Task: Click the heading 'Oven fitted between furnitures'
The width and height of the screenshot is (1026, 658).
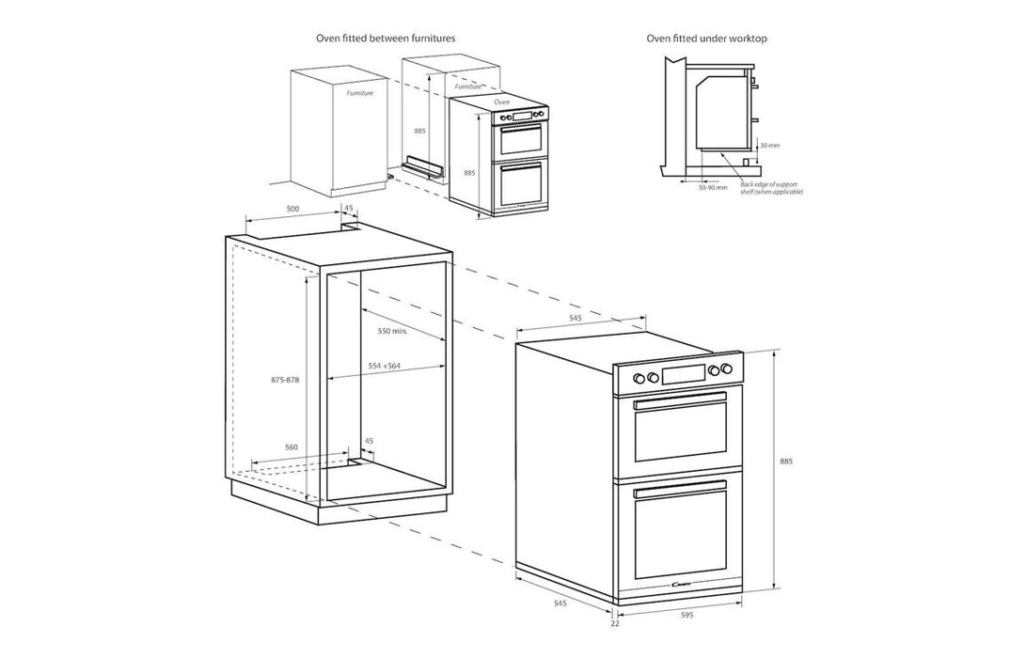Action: point(386,39)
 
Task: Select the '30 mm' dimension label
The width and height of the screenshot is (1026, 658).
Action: point(770,146)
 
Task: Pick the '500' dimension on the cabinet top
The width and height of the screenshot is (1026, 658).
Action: point(292,209)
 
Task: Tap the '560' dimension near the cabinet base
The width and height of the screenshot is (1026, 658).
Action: point(291,447)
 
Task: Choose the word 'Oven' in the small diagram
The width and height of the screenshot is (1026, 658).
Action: point(502,101)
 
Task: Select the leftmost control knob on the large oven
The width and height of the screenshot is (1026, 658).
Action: point(639,378)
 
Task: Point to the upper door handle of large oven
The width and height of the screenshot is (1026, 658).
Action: point(680,403)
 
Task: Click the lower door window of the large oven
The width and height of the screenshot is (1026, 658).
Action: point(680,532)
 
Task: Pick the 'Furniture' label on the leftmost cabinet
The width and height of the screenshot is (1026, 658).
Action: point(359,94)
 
